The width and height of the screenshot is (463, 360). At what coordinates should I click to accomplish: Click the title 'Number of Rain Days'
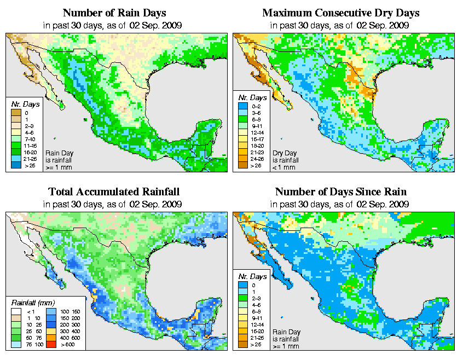(x=115, y=13)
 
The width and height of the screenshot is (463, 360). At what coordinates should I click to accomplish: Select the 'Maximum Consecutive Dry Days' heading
(x=340, y=13)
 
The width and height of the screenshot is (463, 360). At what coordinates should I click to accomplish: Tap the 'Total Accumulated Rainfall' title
(x=114, y=192)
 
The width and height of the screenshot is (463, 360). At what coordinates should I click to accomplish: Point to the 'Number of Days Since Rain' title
(x=340, y=192)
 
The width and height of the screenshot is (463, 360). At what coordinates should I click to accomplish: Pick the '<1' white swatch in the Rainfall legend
(x=16, y=311)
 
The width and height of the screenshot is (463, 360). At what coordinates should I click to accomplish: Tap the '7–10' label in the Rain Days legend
(x=30, y=140)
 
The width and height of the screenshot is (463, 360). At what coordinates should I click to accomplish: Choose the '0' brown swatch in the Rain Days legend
(x=16, y=113)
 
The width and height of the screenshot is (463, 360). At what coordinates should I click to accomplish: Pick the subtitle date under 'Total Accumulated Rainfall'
(x=114, y=204)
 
